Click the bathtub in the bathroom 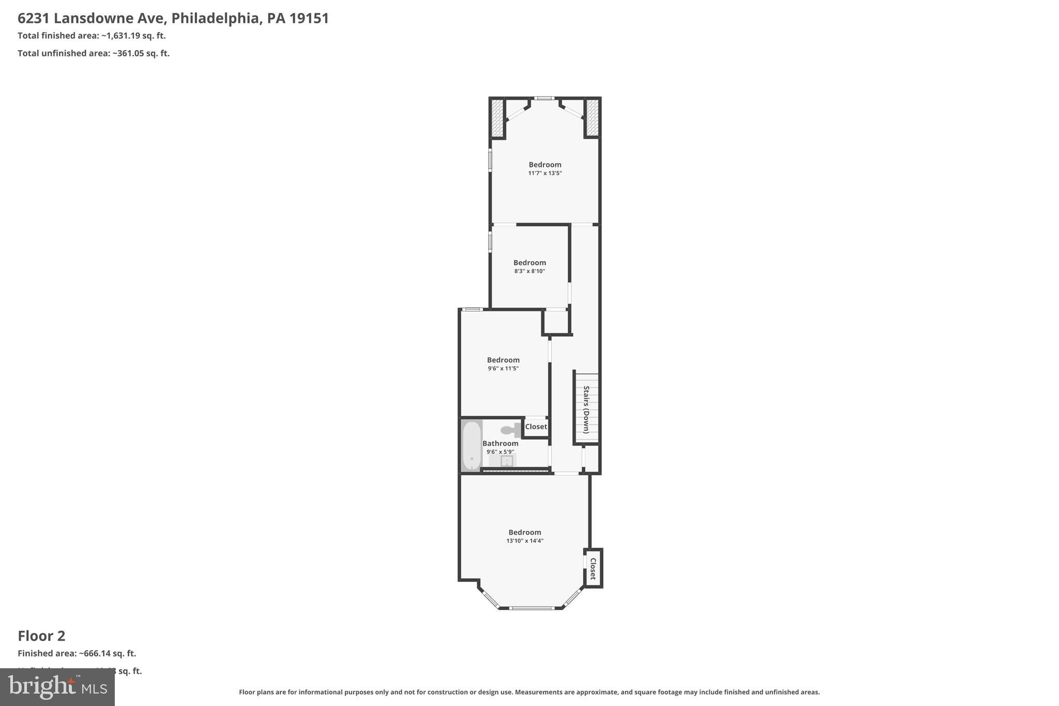(471, 445)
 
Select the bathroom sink (507, 460)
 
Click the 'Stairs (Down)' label (586, 409)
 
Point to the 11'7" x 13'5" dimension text (544, 173)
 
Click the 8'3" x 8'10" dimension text (529, 271)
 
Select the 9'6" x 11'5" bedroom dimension (503, 369)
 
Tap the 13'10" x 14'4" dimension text (524, 541)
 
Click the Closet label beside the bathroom (536, 427)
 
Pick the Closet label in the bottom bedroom (593, 568)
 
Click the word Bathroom (500, 443)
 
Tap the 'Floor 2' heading (41, 636)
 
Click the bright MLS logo (57, 687)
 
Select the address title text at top (173, 18)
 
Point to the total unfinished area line (94, 53)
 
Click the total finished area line (92, 36)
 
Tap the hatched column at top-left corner (497, 118)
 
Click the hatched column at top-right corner (592, 118)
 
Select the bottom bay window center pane (532, 608)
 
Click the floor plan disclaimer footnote (529, 692)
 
